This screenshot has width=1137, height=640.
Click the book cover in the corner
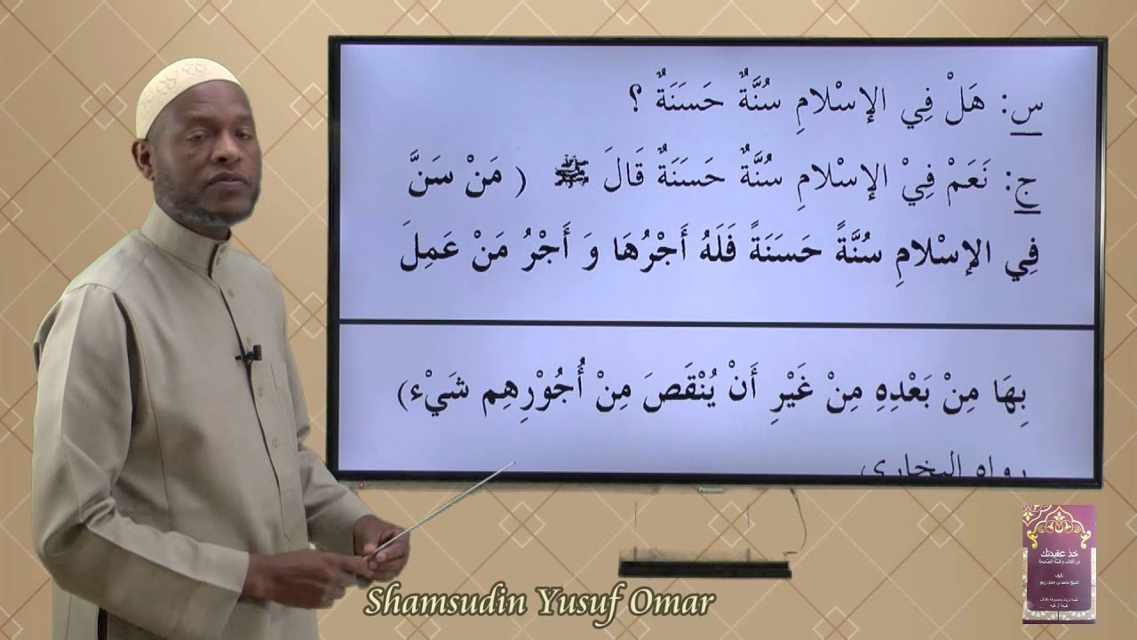1059,564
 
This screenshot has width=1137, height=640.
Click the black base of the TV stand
704,569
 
